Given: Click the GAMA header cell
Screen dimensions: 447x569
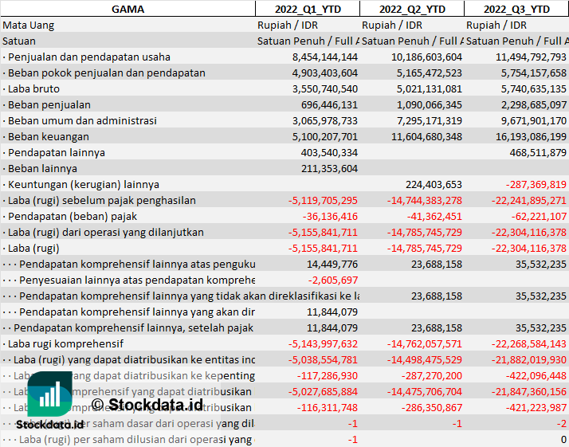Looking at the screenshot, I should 128,9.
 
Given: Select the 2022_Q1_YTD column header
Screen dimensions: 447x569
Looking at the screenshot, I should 307,9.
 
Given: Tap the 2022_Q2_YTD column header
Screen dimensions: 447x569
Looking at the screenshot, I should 412,9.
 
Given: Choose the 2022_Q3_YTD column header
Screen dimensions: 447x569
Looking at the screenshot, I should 516,9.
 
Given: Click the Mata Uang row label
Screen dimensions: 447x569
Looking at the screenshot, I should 29,25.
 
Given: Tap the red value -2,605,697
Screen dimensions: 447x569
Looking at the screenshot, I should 333,280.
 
